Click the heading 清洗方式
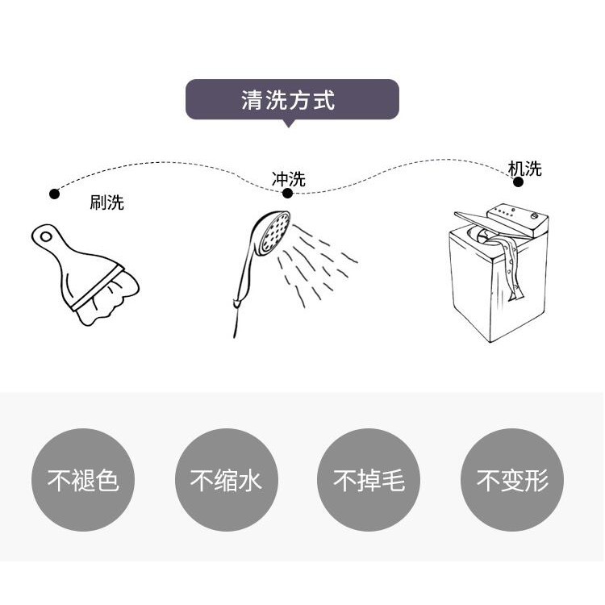pos(288,100)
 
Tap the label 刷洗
pos(106,202)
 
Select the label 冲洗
pos(289,179)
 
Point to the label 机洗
pos(525,169)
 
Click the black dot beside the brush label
pos(54,194)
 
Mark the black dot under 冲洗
pos(287,193)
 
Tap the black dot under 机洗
pos(518,181)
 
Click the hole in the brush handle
pos(46,236)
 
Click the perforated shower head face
pos(276,232)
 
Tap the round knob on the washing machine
pos(534,215)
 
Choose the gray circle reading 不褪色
pos(83,480)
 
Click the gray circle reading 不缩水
pos(227,480)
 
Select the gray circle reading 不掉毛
pos(369,480)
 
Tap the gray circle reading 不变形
pos(512,480)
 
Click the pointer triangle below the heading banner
pos(288,123)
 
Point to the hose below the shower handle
pos(236,321)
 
